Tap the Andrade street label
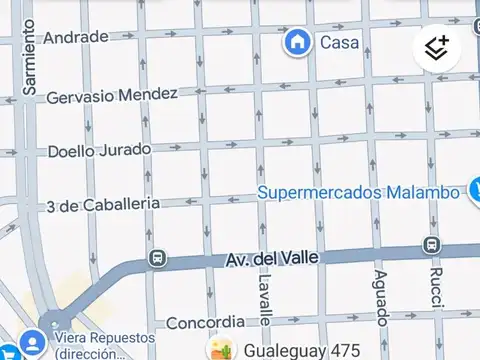point(76,37)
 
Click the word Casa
point(339,42)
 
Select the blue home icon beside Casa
point(297,42)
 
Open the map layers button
point(437,47)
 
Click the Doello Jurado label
point(99,150)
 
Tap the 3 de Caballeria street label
point(103,204)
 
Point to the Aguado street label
point(380,297)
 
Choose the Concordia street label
point(205,322)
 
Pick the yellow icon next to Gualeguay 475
point(221,350)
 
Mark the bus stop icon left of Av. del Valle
point(157,259)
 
